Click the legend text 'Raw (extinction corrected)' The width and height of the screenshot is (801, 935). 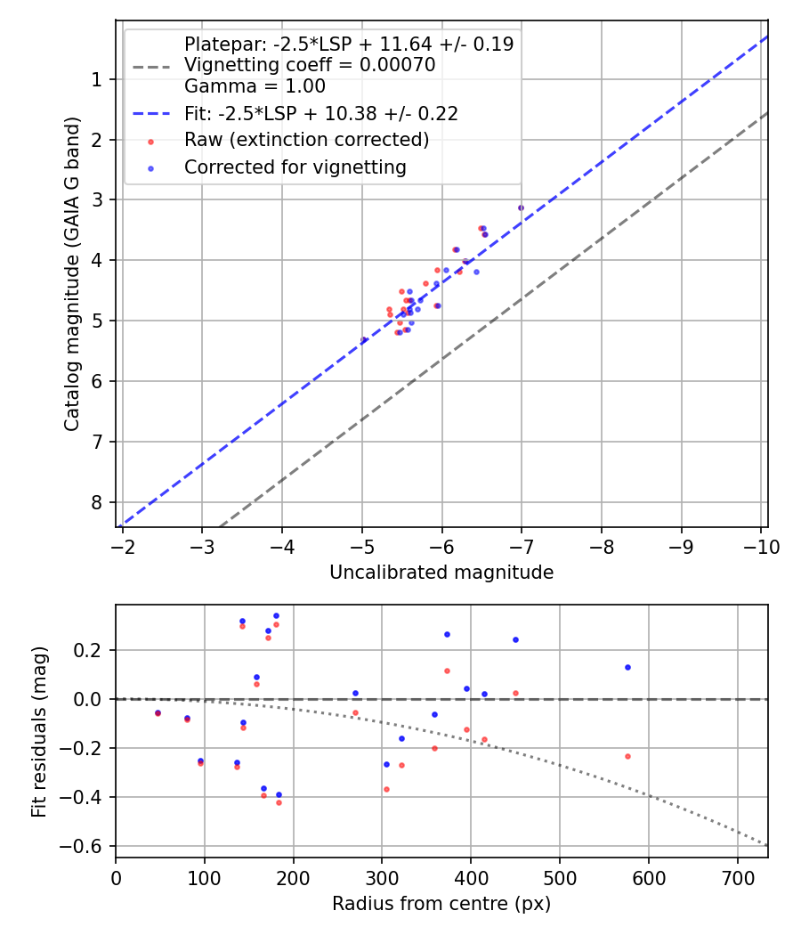click(x=306, y=140)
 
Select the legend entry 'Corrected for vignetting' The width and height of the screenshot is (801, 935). click(x=295, y=167)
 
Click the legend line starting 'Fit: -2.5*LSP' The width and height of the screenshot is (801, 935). click(x=320, y=113)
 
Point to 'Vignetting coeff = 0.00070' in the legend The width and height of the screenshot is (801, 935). click(x=309, y=65)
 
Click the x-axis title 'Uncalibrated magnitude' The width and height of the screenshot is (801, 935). click(x=441, y=573)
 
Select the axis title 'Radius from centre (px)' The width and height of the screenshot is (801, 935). click(x=441, y=904)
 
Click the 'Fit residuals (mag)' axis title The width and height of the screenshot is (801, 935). click(x=39, y=731)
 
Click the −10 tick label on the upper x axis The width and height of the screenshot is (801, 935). click(x=757, y=546)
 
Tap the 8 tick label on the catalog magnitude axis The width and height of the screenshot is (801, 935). click(x=96, y=502)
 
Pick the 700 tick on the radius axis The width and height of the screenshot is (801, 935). click(x=737, y=877)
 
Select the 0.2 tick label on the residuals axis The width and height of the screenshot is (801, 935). click(x=93, y=650)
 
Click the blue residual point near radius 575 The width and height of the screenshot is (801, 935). click(x=627, y=667)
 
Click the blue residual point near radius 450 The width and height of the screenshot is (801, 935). click(x=515, y=639)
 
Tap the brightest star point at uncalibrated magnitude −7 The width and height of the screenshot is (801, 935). click(x=521, y=207)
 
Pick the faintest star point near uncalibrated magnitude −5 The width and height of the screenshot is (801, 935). click(x=364, y=340)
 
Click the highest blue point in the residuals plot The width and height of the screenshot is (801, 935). click(x=276, y=615)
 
